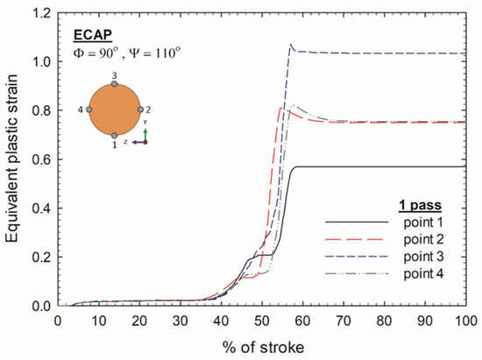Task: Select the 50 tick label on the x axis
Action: (262, 321)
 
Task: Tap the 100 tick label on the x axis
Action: (465, 321)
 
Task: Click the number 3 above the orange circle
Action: (114, 75)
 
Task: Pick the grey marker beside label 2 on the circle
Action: (140, 110)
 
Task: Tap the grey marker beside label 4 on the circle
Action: (89, 110)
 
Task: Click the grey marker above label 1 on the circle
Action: (114, 136)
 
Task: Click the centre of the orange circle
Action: (114, 110)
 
